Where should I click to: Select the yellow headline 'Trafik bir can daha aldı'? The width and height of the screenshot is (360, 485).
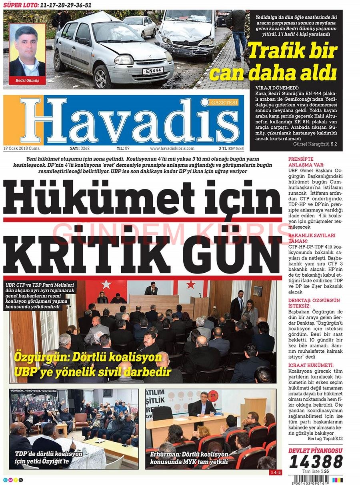coord(292,62)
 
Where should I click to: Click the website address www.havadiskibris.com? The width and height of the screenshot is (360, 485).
coord(172,148)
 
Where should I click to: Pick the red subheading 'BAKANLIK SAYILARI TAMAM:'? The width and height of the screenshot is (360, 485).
coord(312,238)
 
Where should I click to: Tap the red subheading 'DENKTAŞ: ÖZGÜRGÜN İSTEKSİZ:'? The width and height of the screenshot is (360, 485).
coord(314,303)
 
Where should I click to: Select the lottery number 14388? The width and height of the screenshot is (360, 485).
coord(316,462)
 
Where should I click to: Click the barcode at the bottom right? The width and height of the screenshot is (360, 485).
coord(315,479)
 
